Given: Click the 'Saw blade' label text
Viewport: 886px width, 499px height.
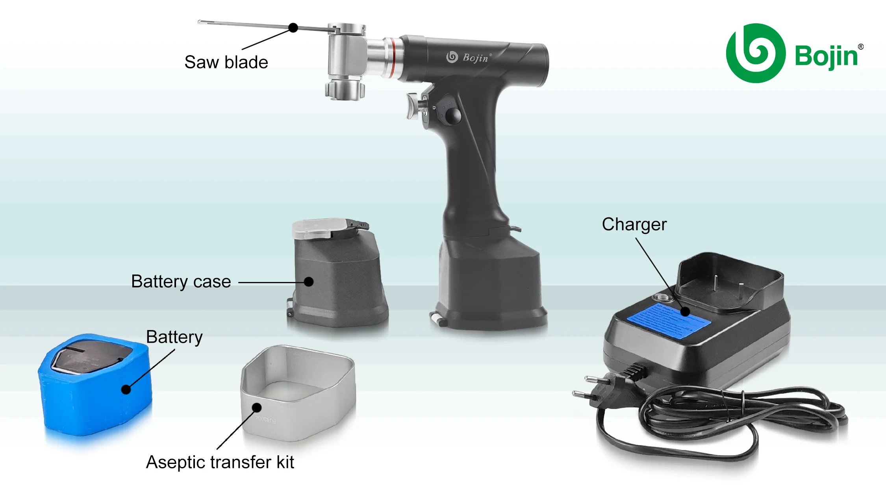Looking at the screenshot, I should click(x=226, y=62).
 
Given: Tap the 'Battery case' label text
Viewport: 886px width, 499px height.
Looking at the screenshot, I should click(x=181, y=282).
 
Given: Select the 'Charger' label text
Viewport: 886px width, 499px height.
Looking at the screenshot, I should click(x=634, y=224).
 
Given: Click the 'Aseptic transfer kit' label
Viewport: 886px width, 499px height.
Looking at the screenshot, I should click(x=220, y=462).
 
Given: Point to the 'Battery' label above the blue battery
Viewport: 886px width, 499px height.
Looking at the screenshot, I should click(x=174, y=337).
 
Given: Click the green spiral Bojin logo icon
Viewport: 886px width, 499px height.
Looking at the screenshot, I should click(x=755, y=53).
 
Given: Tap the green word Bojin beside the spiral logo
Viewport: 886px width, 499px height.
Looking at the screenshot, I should click(x=826, y=56).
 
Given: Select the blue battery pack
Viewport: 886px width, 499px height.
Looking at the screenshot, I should click(x=95, y=390).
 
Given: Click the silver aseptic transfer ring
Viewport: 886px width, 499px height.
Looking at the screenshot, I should click(x=298, y=394).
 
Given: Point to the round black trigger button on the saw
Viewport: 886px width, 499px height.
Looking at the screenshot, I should click(x=453, y=116).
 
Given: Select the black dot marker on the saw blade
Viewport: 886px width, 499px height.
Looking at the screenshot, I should click(x=293, y=28).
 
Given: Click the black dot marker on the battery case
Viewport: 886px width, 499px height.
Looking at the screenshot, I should click(x=309, y=282).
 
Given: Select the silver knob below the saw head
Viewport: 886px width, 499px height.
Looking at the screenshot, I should click(x=345, y=90).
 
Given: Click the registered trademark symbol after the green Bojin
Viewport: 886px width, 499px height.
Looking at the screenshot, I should click(x=861, y=46).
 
